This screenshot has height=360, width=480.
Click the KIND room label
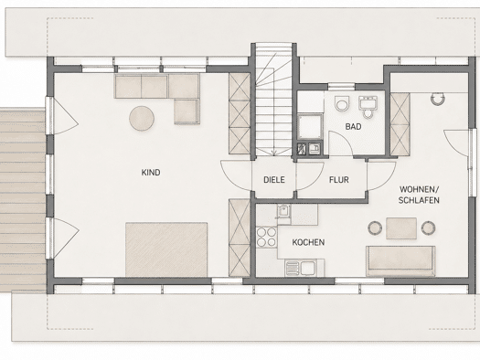151,173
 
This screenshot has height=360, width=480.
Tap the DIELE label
274,179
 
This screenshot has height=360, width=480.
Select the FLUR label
339,179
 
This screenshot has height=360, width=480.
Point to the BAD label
353,126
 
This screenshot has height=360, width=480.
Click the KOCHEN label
308,242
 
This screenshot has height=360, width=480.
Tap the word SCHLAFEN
419,200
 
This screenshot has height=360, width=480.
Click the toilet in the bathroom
342,104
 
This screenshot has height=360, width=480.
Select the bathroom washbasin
368,105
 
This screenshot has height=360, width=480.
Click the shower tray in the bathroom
310,126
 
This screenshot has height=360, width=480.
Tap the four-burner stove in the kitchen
266,238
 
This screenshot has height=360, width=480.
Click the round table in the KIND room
142,119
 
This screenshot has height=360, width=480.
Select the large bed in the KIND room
166,249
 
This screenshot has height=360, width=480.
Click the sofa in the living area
400,261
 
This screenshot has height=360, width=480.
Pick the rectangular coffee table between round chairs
401,228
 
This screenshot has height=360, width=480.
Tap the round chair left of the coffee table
375,228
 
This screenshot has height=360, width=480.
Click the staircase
273,100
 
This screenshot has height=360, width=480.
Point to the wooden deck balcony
23,200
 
